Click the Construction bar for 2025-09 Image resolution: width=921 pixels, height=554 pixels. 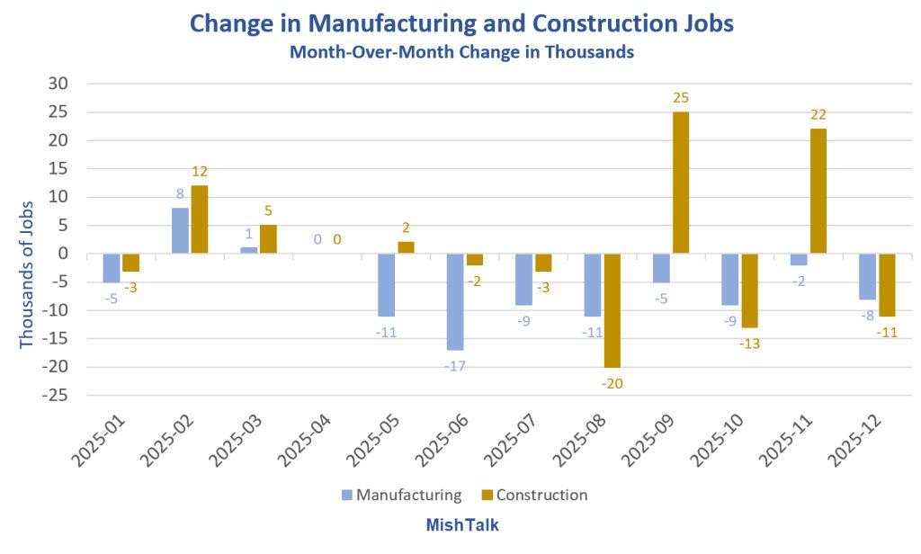click(x=681, y=183)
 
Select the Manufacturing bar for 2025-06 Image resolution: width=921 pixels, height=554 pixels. click(x=455, y=301)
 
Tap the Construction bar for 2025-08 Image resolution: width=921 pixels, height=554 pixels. click(x=613, y=310)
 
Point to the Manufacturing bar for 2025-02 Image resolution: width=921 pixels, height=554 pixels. click(x=180, y=231)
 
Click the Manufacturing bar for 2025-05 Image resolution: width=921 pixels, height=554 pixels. click(x=386, y=285)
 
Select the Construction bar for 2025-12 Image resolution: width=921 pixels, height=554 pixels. click(x=887, y=285)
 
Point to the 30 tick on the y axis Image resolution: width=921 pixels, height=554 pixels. click(x=59, y=84)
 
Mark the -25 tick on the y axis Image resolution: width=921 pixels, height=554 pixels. click(x=56, y=395)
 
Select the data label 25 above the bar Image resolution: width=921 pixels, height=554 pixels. click(x=681, y=97)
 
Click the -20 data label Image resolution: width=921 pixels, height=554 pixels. click(x=613, y=383)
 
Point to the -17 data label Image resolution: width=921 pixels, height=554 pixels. click(x=454, y=366)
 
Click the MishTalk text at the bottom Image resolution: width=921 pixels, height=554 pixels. click(x=461, y=523)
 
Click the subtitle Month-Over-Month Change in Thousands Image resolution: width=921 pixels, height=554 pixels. click(x=461, y=52)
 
